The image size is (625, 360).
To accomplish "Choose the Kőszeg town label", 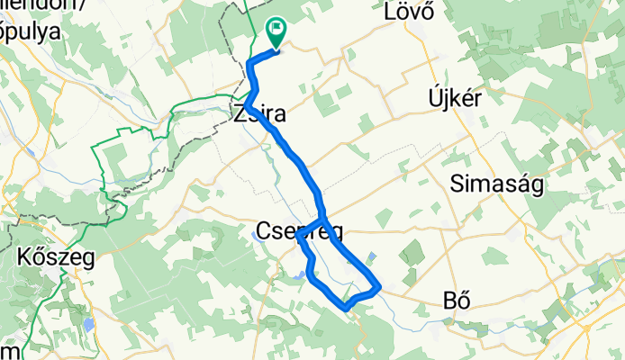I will point(54,257).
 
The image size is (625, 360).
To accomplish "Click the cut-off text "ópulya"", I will point(31,31).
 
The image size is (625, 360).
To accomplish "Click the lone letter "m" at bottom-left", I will point(8,350).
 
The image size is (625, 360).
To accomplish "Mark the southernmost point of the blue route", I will point(346,308).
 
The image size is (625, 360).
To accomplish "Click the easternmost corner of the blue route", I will point(381,288).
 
